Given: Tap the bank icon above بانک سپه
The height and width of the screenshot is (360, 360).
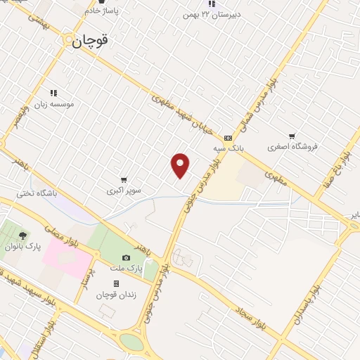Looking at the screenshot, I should click(x=227, y=138).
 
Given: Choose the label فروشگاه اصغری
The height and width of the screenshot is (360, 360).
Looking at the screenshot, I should click(x=292, y=147).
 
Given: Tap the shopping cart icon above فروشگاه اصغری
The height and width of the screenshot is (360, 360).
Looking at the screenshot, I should click(x=292, y=136).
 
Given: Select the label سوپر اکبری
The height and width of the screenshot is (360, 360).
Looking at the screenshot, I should click(x=124, y=191).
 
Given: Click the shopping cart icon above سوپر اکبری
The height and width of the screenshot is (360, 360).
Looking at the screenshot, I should click(x=124, y=180).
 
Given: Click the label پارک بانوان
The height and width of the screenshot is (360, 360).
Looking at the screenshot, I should click(x=22, y=247).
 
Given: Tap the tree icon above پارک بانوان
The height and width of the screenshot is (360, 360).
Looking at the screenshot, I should click(x=22, y=236).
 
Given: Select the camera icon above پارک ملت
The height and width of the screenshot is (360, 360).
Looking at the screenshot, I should click(x=126, y=258).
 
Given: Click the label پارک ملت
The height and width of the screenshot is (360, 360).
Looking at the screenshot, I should click(x=129, y=269).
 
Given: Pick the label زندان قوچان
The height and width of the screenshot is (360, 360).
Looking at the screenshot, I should click(x=115, y=294).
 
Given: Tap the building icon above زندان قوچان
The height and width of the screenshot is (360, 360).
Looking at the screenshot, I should click(x=116, y=283).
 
